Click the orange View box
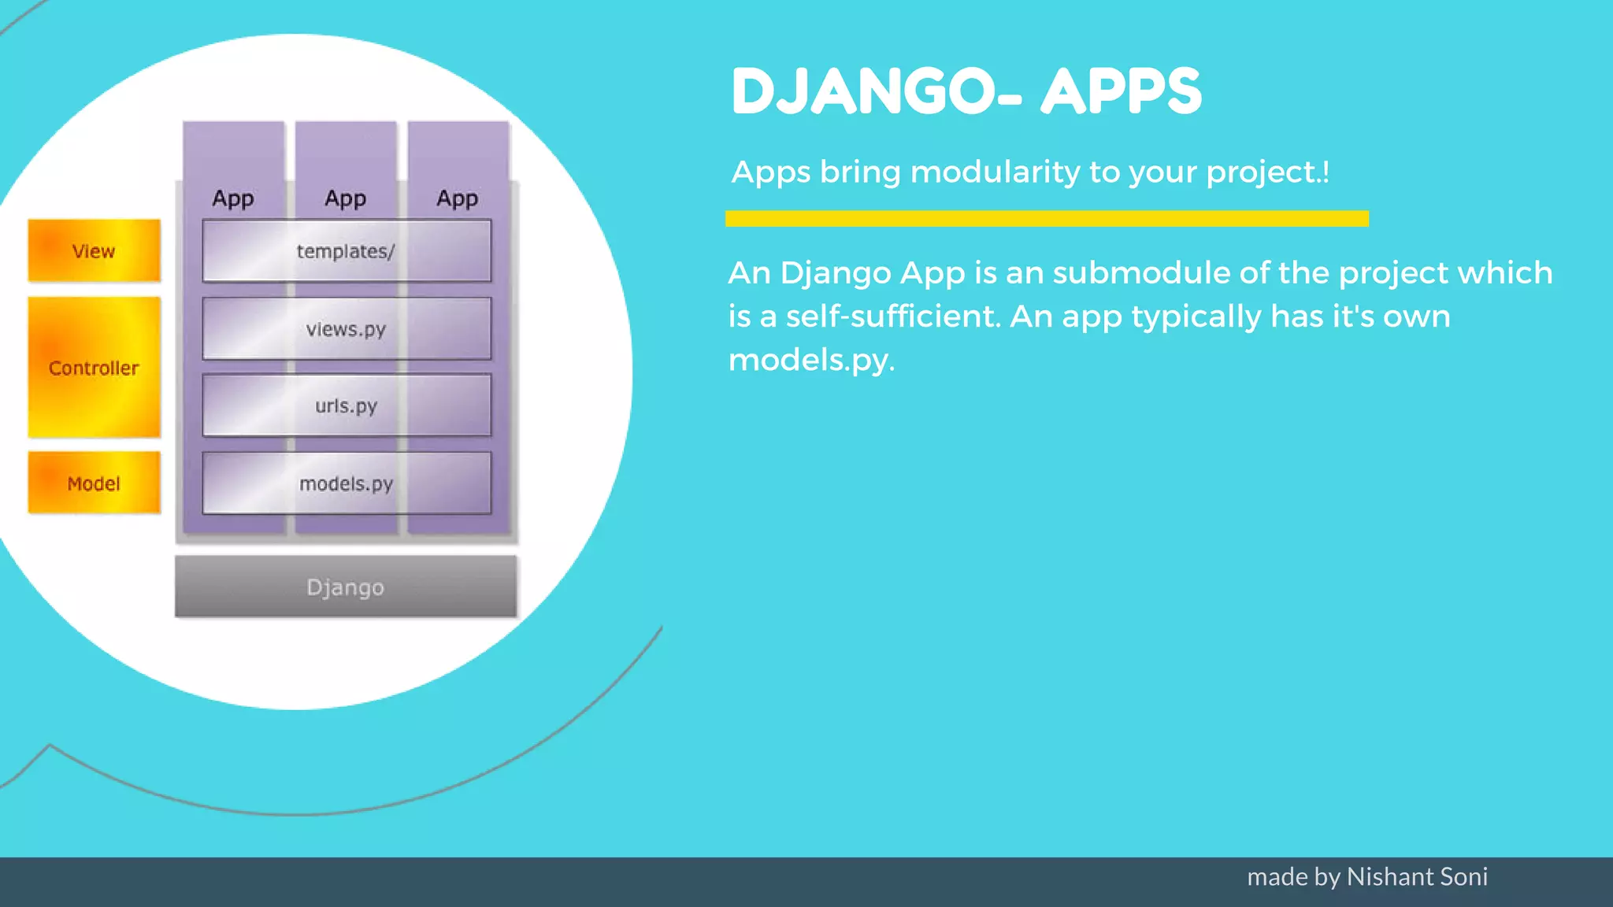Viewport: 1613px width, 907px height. pyautogui.click(x=94, y=251)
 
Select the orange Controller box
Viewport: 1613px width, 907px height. pyautogui.click(x=94, y=368)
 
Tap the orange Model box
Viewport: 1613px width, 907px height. pyautogui.click(x=94, y=483)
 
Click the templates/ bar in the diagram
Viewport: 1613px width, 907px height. pyautogui.click(x=347, y=251)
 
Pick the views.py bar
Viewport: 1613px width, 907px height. pyautogui.click(x=347, y=329)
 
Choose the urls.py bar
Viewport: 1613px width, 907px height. pyautogui.click(x=347, y=405)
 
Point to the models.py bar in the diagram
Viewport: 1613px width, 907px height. pyautogui.click(x=347, y=483)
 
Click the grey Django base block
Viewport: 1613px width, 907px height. pyautogui.click(x=346, y=587)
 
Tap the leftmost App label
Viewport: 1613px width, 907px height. pyautogui.click(x=233, y=198)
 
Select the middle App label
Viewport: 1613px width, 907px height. pyautogui.click(x=346, y=198)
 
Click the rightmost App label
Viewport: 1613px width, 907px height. pyautogui.click(x=458, y=198)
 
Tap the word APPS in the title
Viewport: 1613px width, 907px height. pyautogui.click(x=1122, y=92)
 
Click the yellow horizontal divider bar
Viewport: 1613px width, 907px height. pyautogui.click(x=1047, y=219)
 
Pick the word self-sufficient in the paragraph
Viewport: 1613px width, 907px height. pyautogui.click(x=892, y=317)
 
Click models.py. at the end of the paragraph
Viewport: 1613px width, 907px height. pyautogui.click(x=811, y=361)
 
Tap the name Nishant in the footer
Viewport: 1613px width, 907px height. pyautogui.click(x=1389, y=876)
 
